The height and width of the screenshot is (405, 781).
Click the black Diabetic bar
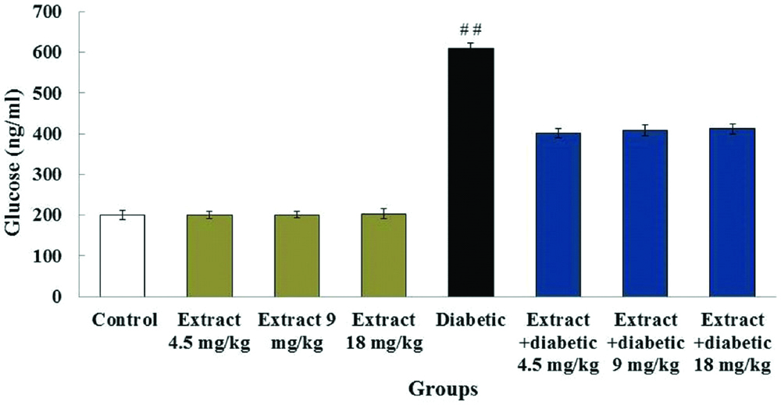point(470,172)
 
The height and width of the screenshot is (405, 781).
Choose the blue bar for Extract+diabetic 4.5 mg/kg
point(557,215)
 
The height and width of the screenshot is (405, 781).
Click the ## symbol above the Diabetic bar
point(470,30)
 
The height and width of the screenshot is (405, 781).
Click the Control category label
point(124,319)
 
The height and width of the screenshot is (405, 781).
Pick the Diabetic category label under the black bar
point(470,319)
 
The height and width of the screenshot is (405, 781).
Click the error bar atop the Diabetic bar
point(470,48)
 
